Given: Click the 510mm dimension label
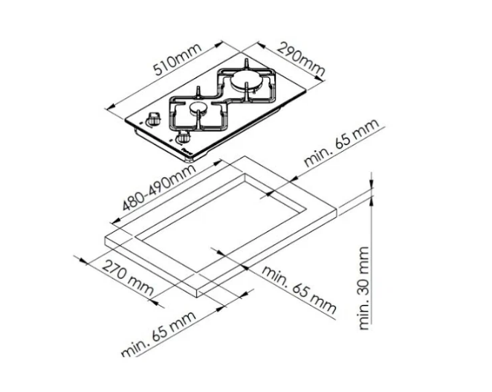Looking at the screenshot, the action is click(x=178, y=60).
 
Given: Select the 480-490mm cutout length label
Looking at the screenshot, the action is click(x=159, y=187).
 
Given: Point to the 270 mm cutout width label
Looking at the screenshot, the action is click(x=128, y=278).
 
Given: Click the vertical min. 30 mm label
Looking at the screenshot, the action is click(x=364, y=288).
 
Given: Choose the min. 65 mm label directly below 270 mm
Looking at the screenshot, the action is click(x=158, y=334).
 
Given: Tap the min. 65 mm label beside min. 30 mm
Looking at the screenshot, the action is click(x=299, y=289).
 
